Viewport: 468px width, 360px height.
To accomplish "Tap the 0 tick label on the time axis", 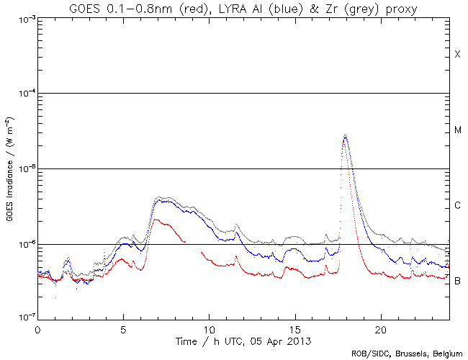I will (x=37, y=328).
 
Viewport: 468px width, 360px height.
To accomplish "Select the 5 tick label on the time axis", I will (x=123, y=328).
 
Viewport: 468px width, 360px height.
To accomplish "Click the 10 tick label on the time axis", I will (x=209, y=328).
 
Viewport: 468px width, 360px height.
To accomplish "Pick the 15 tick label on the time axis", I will (x=295, y=328).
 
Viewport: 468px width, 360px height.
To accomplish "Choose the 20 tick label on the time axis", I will (x=381, y=328).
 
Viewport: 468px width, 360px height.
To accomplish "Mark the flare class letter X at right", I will (x=457, y=55).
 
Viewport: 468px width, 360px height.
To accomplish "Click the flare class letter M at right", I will (x=457, y=130).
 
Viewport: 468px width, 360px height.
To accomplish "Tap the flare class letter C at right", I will (x=457, y=206).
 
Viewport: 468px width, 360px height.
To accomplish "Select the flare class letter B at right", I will (x=457, y=281).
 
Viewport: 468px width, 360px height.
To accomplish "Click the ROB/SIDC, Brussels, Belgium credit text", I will (x=407, y=354).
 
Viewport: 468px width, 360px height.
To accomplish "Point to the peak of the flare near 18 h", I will (x=346, y=135).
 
